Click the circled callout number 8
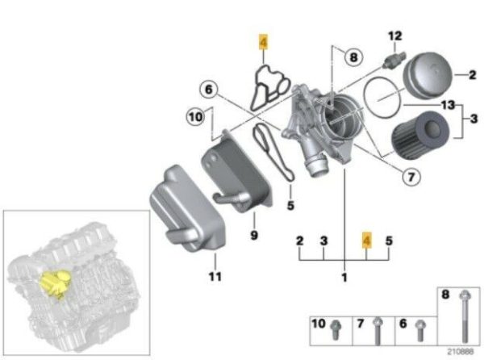click(353, 57)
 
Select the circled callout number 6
click(209, 90)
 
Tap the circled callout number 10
click(196, 117)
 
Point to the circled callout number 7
click(411, 177)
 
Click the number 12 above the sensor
click(394, 36)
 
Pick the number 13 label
click(448, 105)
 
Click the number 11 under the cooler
click(215, 276)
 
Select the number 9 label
click(254, 236)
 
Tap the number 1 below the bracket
click(344, 277)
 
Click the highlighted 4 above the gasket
click(263, 42)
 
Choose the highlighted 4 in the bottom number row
click(367, 241)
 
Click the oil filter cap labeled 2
click(428, 75)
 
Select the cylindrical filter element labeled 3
click(420, 135)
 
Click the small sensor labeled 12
click(394, 59)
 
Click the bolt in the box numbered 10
click(336, 330)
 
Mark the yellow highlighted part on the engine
click(55, 283)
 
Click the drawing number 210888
click(461, 351)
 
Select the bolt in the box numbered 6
click(420, 330)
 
